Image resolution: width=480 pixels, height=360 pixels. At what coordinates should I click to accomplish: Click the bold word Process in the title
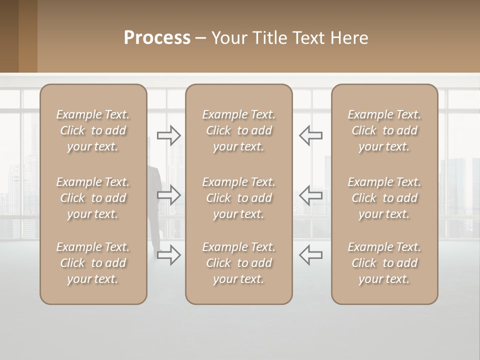(157, 38)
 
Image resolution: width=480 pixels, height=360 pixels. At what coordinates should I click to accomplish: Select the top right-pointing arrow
(168, 135)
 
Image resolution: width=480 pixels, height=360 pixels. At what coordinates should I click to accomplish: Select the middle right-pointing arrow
(168, 195)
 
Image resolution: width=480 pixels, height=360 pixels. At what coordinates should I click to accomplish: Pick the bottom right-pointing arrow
(168, 255)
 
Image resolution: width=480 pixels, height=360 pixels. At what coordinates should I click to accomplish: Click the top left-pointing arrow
(311, 135)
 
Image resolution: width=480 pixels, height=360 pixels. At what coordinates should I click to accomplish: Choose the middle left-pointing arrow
(311, 195)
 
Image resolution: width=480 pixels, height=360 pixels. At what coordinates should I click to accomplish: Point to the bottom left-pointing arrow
(311, 255)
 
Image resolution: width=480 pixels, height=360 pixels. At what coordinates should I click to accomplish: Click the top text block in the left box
(93, 130)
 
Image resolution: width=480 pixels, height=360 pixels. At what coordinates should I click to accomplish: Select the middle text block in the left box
(93, 198)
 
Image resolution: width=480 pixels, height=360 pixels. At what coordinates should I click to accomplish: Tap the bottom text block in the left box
(93, 263)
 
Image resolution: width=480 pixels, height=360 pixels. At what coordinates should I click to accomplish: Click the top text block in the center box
(238, 130)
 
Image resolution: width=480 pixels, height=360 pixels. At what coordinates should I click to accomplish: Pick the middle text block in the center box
(238, 198)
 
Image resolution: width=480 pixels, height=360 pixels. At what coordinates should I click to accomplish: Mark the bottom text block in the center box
(238, 263)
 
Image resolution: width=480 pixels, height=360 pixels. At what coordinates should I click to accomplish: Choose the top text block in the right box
(384, 130)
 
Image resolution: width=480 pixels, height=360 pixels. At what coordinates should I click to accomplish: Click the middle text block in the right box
(384, 198)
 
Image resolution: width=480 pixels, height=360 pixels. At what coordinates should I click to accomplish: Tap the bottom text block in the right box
(384, 263)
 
